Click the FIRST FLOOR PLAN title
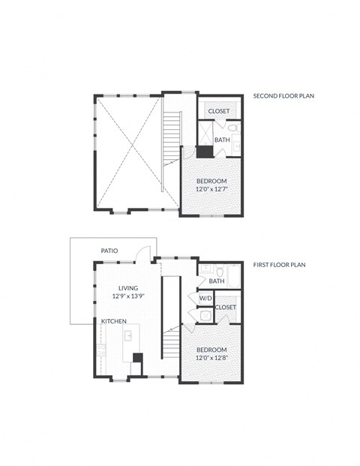tap(277, 265)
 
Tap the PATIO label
tap(109, 251)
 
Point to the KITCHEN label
tap(114, 321)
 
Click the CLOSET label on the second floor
tap(219, 111)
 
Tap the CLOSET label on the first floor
tap(226, 307)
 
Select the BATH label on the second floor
tap(222, 140)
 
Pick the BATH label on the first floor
tap(217, 281)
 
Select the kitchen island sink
tap(127, 336)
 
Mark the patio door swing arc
tap(148, 254)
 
